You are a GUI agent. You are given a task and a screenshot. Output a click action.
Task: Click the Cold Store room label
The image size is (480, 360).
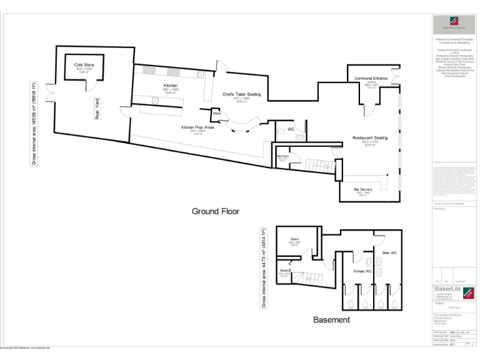(x=83, y=65)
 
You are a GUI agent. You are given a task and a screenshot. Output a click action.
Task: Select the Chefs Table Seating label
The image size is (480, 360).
(x=241, y=94)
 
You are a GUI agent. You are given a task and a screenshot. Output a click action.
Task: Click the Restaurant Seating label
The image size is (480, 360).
(x=370, y=137)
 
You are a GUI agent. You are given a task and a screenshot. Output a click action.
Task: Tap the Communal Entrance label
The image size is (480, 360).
(x=371, y=79)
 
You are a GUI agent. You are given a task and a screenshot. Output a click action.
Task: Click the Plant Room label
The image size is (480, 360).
(x=282, y=156)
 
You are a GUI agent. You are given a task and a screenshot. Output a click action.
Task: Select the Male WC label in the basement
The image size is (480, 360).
(x=391, y=252)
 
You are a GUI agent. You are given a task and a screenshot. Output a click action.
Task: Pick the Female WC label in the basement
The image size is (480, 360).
(x=362, y=271)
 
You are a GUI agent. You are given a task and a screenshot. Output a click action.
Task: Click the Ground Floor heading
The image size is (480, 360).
(x=215, y=211)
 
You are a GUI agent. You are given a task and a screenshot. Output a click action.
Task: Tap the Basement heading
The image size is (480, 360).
(x=331, y=319)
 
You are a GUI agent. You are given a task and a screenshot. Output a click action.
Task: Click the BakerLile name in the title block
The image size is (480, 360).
(x=448, y=289)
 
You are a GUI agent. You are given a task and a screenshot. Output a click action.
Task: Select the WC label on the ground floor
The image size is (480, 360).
(x=291, y=129)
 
